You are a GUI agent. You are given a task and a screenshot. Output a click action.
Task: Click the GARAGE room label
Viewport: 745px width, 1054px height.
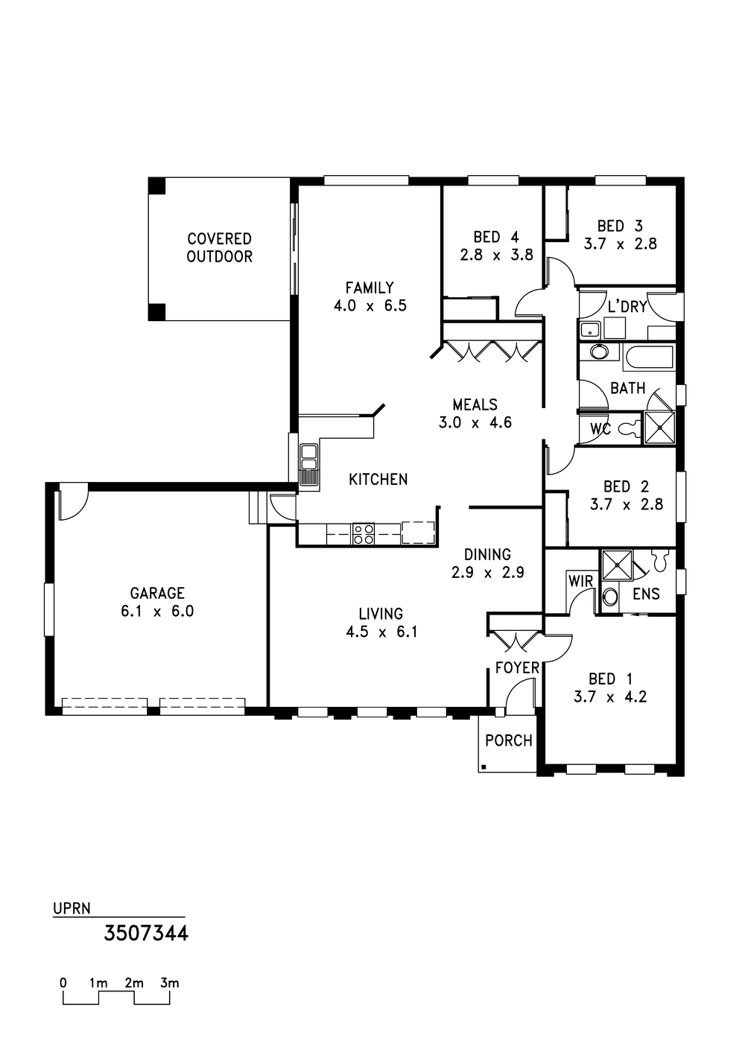(157, 593)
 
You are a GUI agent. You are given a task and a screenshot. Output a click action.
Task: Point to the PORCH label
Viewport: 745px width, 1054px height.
(508, 740)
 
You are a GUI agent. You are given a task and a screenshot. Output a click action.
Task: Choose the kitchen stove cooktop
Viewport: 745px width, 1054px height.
(363, 533)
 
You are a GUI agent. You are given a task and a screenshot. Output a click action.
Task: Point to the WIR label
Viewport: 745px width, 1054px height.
(581, 581)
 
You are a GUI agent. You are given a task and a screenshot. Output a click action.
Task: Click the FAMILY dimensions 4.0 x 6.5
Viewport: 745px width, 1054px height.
(370, 306)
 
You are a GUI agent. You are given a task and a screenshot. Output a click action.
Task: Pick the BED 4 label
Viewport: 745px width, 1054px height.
(496, 237)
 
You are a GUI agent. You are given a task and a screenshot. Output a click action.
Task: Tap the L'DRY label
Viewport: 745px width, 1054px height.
(627, 307)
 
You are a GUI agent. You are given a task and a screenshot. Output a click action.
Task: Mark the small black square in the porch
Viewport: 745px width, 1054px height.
(484, 767)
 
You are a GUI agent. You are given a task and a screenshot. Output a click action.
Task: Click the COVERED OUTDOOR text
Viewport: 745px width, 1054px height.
(219, 247)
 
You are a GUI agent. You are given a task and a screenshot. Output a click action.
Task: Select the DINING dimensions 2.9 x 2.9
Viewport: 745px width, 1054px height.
(487, 573)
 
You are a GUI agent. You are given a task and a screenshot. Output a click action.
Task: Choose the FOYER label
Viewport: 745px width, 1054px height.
(517, 667)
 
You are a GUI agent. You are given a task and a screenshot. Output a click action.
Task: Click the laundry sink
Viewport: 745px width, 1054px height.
(589, 330)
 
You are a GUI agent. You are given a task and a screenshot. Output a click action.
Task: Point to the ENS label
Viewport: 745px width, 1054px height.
(646, 594)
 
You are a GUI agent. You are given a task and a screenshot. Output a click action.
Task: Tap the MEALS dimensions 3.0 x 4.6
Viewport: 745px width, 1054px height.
(475, 422)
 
